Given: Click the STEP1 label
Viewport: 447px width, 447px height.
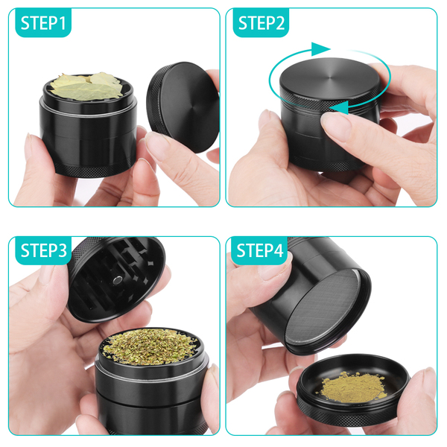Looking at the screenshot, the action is (43, 23).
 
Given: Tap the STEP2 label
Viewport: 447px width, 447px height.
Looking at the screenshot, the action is (261, 23).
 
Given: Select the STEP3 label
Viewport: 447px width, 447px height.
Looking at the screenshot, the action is (44, 250).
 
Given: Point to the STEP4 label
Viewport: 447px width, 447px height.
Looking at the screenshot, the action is (260, 250).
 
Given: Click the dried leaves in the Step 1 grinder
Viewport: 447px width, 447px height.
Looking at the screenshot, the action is (86, 86).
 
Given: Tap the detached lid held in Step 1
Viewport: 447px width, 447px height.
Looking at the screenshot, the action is (183, 107).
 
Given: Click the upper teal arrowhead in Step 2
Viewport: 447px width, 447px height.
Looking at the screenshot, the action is (320, 49).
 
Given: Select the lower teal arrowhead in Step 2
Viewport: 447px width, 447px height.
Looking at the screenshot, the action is (340, 107).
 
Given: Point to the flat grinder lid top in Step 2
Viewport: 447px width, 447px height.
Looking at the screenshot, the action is (330, 77).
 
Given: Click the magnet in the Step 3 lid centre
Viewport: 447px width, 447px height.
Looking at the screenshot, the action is (118, 281).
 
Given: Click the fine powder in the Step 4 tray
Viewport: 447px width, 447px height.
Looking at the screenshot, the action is (354, 387).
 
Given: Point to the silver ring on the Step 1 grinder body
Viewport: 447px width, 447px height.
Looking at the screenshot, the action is (88, 112).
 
